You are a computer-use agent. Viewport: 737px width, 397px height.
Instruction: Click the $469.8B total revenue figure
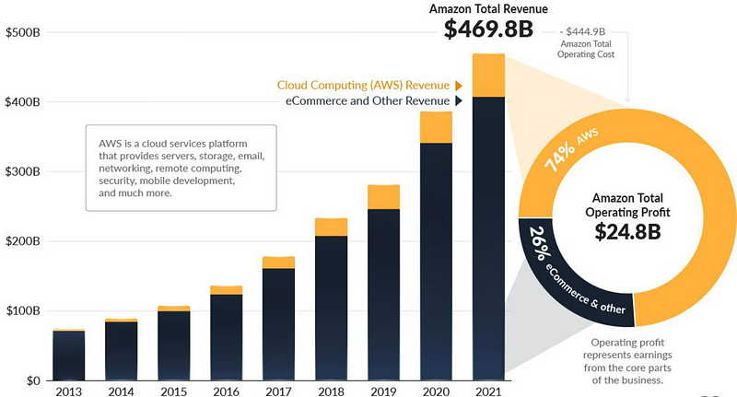487,29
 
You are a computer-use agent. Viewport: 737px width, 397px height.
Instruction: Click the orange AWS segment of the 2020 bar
436,127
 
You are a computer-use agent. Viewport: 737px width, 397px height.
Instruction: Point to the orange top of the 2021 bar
488,75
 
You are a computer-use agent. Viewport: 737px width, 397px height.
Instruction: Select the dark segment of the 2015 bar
172,344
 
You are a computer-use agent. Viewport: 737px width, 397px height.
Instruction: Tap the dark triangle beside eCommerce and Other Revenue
456,100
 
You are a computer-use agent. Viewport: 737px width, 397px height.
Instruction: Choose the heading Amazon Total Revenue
487,8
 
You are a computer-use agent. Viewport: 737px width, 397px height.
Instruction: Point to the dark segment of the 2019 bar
383,295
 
